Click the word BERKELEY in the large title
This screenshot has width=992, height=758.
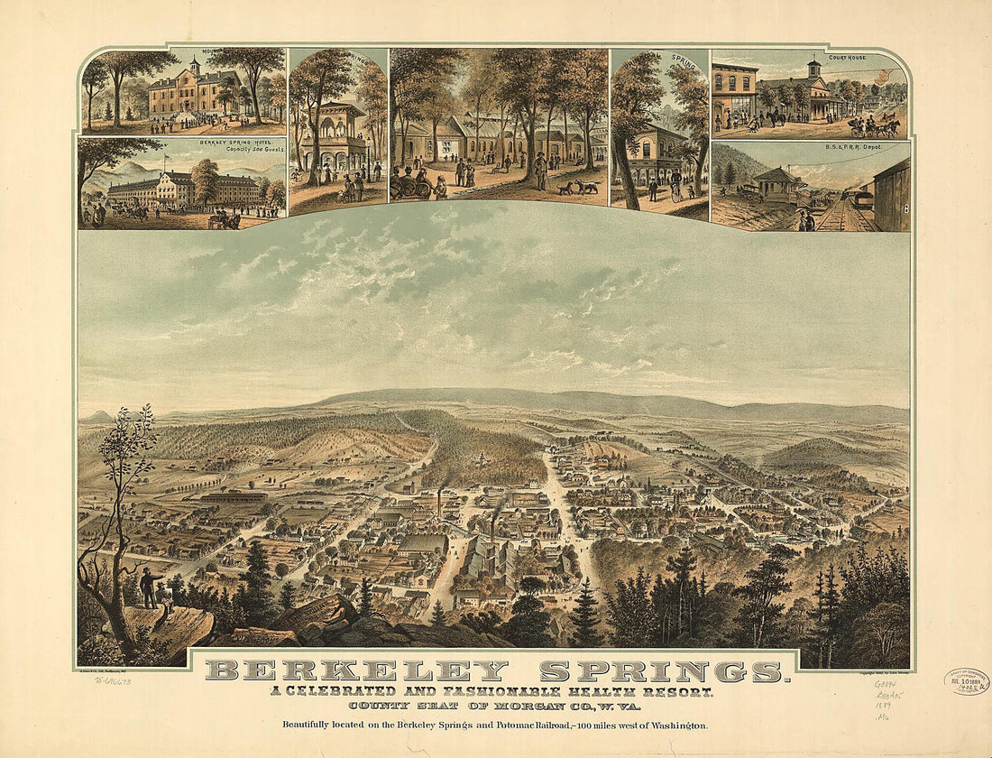[356, 671]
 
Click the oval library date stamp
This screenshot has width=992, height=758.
[967, 681]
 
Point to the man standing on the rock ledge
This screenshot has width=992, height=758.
[147, 587]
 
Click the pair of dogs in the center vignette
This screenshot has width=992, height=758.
[576, 188]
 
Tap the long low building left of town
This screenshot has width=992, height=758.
[234, 497]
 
